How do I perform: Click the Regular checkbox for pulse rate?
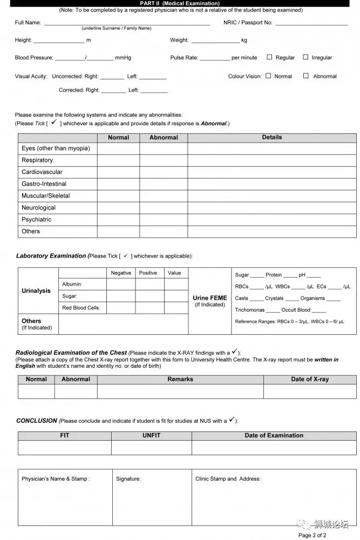coord(269,57)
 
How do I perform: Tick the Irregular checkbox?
coord(305,57)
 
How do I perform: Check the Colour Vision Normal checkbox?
coord(268,76)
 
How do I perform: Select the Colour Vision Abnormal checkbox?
coord(306,76)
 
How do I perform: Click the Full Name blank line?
coord(127,23)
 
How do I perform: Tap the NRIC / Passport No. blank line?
coord(311,23)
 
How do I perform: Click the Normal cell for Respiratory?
coord(118,160)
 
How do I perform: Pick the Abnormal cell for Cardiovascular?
coord(164,172)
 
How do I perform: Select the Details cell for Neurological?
coord(272,208)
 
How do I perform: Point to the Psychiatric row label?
coord(37,220)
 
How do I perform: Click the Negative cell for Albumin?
coord(121,284)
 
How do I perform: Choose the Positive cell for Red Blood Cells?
coord(150,308)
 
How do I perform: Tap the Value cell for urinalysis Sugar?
coord(176,296)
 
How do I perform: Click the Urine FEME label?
coord(210,298)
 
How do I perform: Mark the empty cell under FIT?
coord(65,448)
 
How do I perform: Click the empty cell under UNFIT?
coord(152,448)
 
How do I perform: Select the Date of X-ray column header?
coord(310,379)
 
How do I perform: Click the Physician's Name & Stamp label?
coord(56,479)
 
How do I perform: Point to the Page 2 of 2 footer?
coord(313,535)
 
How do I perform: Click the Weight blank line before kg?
coord(215,41)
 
